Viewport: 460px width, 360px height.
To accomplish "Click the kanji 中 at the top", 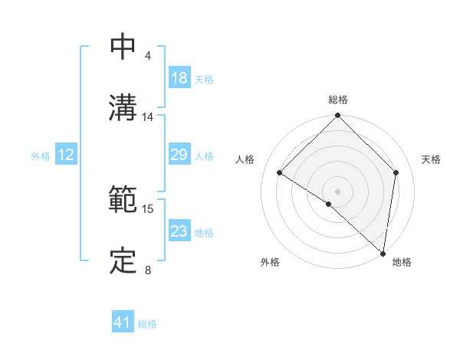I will [x=123, y=47].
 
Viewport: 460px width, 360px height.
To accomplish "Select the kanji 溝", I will [x=123, y=108].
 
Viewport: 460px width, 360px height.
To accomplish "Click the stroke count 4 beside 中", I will [x=147, y=56].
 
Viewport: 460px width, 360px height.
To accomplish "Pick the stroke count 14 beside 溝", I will [x=147, y=117].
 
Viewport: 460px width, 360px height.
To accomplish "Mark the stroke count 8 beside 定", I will [x=147, y=270].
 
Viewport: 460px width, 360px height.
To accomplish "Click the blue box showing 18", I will [x=179, y=78].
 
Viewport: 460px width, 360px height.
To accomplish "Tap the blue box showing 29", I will [x=179, y=155].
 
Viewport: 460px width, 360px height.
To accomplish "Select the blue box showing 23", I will [x=179, y=231].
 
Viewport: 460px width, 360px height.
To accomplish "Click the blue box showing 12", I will [x=66, y=155].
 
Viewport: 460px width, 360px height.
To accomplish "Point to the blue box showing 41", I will [x=123, y=323].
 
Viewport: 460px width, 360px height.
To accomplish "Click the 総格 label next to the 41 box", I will [x=147, y=324].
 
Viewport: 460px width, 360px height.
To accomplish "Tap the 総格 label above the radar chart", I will [x=338, y=100].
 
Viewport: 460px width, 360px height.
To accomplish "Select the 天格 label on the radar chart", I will [x=431, y=159].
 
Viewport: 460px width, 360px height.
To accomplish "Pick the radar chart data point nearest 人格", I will [x=280, y=173].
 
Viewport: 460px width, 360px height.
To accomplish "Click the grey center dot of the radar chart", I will [x=338, y=191].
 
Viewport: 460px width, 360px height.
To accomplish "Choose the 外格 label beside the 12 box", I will [x=41, y=155].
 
